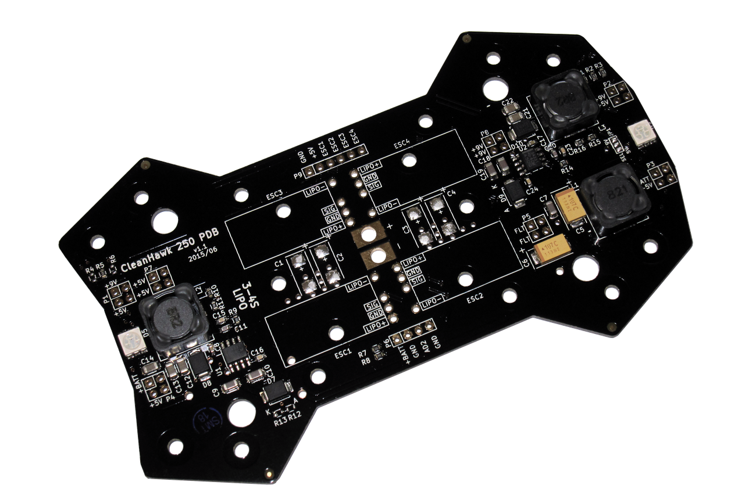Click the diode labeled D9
pyautogui.click(x=513, y=190)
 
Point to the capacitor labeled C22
pyautogui.click(x=515, y=116)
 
